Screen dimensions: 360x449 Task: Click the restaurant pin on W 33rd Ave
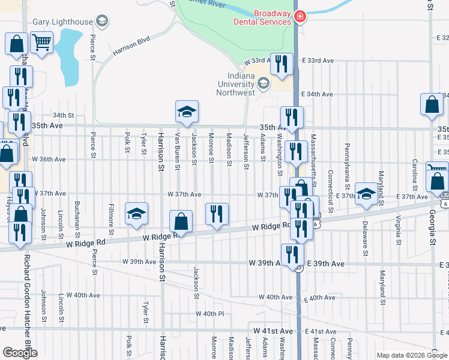coord(282,64)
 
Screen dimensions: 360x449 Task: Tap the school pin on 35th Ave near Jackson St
coord(187,112)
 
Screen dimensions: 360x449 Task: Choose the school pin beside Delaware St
coord(366,194)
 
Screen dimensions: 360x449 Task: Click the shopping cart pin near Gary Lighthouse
coord(41,43)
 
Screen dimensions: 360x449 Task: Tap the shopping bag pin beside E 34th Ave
coord(432,105)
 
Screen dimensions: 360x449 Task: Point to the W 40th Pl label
coord(209,314)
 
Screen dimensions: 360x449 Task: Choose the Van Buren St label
coord(178,151)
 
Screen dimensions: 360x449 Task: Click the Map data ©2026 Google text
coord(412,355)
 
